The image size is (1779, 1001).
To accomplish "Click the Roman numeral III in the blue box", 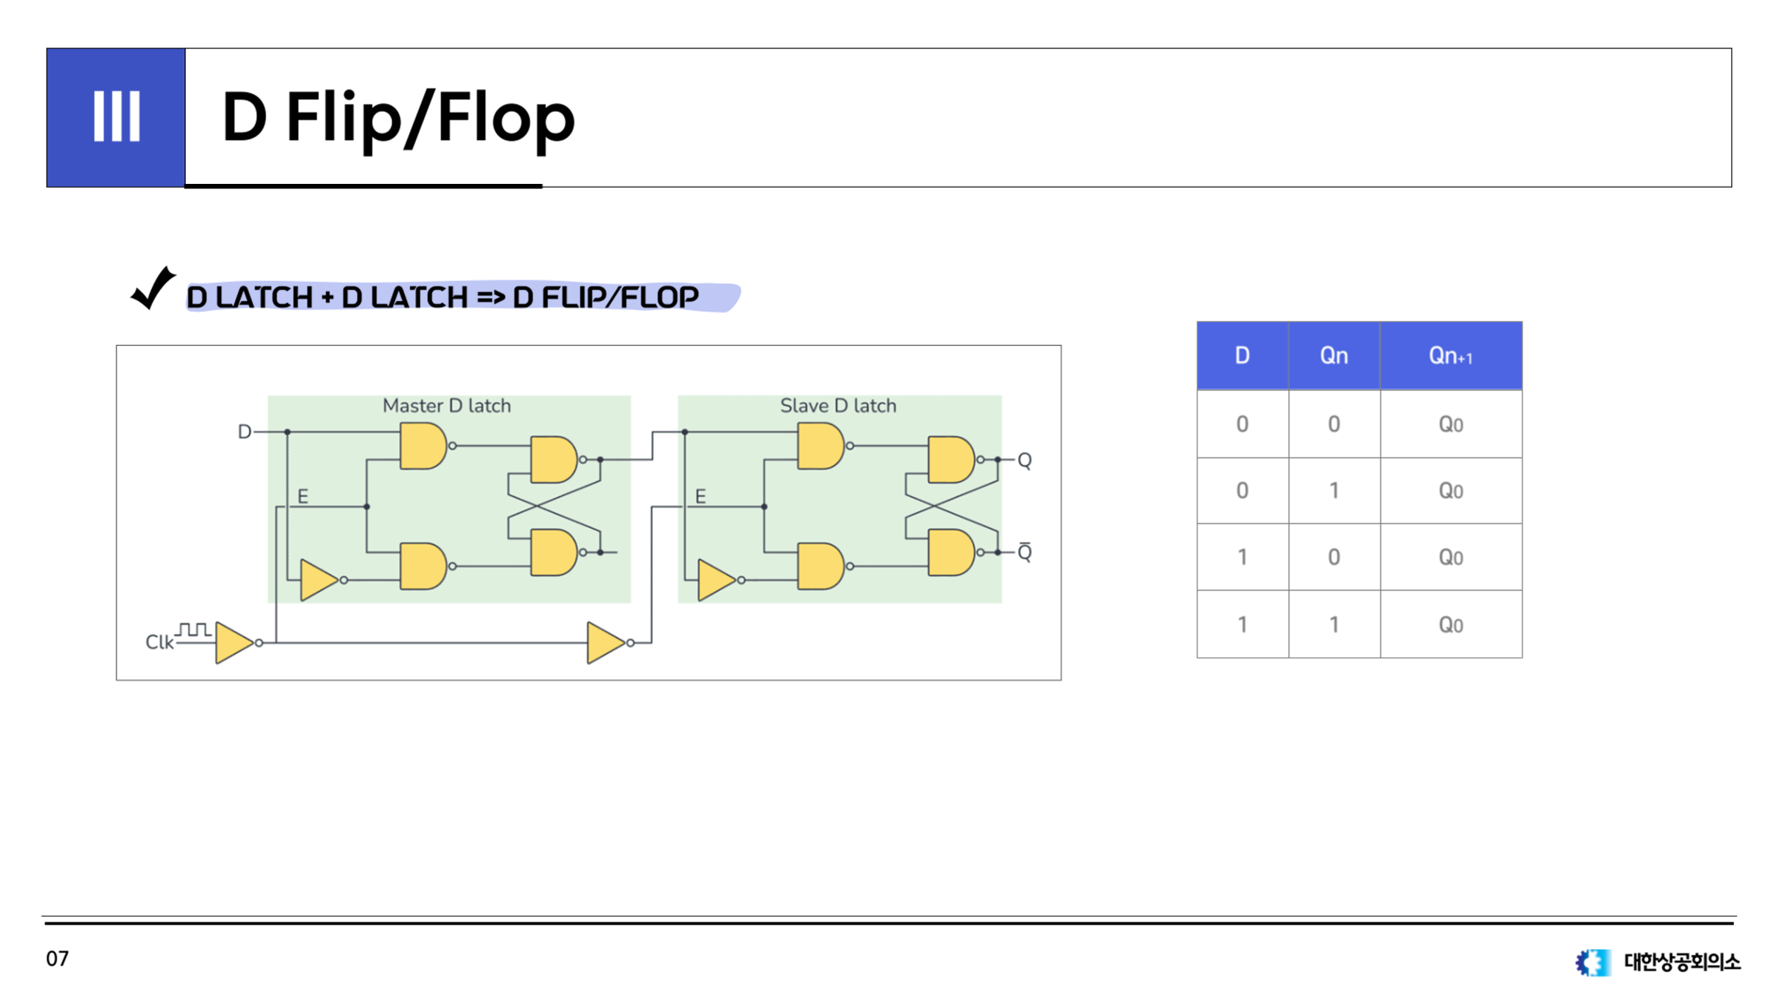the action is [x=116, y=116].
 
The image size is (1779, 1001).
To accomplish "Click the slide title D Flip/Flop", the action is [x=398, y=119].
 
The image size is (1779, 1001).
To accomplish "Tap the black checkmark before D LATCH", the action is [x=153, y=288].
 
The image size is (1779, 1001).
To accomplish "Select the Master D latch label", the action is [x=446, y=406].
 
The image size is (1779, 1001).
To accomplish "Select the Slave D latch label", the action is [x=838, y=406].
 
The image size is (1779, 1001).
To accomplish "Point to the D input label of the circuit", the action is [x=244, y=432].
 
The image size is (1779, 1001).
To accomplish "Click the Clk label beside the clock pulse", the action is [x=159, y=642].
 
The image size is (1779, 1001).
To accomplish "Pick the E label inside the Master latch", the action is [x=302, y=496].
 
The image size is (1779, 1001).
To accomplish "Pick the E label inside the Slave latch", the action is [x=700, y=496].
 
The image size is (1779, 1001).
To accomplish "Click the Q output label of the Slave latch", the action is [x=1024, y=460].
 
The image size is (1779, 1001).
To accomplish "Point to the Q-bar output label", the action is [x=1024, y=552].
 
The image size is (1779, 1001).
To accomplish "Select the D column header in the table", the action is [x=1242, y=356].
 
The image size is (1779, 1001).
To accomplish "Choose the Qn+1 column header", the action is [x=1451, y=356].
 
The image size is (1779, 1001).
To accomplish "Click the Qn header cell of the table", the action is [x=1334, y=356].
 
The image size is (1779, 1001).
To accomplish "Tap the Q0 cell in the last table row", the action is [x=1451, y=625].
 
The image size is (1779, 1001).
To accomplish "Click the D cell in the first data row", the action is [x=1242, y=424].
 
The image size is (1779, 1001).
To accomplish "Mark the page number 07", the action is [x=57, y=959].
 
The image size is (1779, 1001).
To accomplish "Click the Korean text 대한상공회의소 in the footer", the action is [x=1682, y=962].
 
